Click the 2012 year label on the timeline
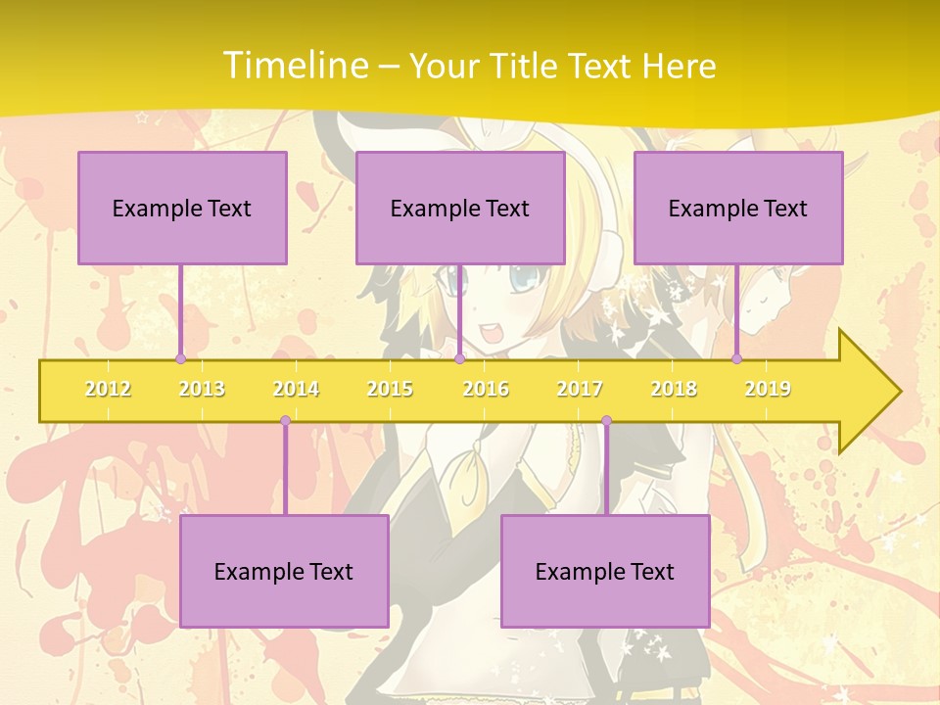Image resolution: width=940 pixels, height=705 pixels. coord(108,389)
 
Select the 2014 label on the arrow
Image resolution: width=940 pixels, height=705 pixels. coord(296,389)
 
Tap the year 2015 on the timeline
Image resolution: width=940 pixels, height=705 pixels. coord(390,389)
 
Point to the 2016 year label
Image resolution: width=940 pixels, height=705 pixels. coord(486,389)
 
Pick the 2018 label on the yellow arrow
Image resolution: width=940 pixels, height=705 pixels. coord(674,389)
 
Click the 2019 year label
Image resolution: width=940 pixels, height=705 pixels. coord(768,389)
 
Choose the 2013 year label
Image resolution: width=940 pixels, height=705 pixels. coord(202,389)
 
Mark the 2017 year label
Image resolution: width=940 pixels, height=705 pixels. coord(580,389)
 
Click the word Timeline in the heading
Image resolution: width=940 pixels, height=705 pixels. coord(293,66)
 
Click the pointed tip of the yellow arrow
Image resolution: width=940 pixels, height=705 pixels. coord(898,391)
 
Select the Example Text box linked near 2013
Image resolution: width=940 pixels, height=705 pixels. coord(182,208)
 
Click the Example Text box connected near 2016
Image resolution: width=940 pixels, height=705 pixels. coord(460,208)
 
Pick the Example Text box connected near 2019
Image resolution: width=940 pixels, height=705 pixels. coord(738,208)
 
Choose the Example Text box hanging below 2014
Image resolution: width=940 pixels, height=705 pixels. coord(284,571)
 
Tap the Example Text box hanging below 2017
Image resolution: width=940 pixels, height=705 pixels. coord(605,571)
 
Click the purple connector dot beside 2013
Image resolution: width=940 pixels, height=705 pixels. coord(180,358)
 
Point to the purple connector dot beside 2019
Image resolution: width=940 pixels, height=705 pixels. coord(737,358)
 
